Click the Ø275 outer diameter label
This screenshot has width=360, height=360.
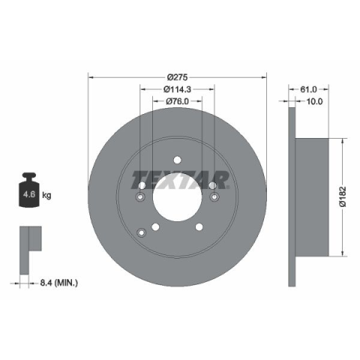click(177, 77)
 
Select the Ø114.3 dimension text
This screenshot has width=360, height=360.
click(177, 89)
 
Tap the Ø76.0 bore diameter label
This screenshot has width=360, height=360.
click(177, 101)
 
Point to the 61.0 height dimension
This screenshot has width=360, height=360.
click(308, 89)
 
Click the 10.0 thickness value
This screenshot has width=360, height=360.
click(314, 101)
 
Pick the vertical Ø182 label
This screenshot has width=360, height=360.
click(343, 196)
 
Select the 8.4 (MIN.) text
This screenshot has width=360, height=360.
click(59, 283)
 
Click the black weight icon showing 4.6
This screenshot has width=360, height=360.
click(29, 190)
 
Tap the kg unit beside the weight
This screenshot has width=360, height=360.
click(46, 195)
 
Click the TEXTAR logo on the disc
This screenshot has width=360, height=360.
click(180, 180)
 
